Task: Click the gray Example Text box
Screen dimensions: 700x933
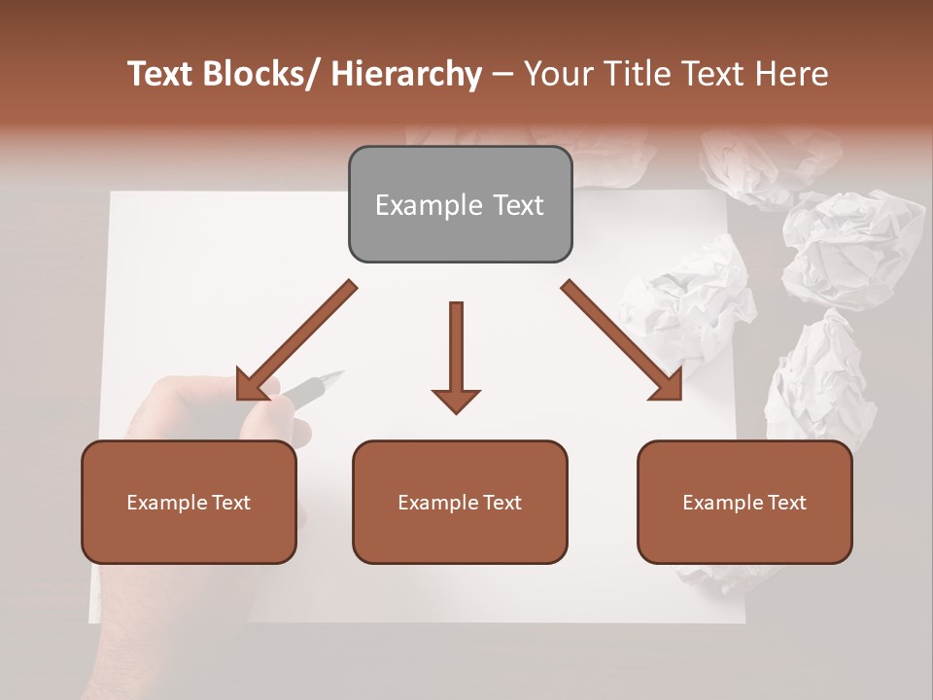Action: [460, 204]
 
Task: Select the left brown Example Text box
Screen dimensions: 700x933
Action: [189, 502]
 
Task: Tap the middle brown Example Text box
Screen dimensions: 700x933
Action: [460, 502]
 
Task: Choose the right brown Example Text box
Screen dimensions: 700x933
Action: [744, 502]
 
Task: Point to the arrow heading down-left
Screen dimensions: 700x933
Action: [296, 340]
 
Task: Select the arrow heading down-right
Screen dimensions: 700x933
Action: [622, 340]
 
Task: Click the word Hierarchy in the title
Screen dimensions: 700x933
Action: [405, 74]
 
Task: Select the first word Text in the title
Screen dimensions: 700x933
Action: [161, 74]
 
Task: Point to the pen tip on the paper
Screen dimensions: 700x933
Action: [337, 372]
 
